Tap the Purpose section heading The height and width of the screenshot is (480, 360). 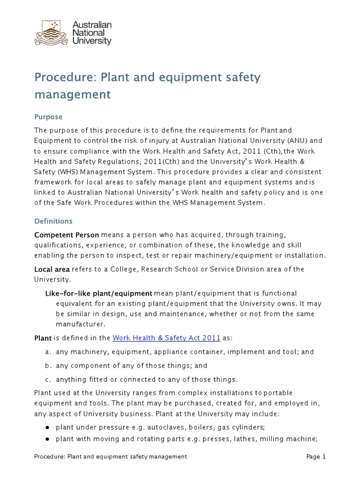click(x=48, y=116)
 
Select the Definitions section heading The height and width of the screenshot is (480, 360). click(x=53, y=221)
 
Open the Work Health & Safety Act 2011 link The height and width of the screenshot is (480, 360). click(x=166, y=338)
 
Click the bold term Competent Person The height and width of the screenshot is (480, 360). click(x=67, y=234)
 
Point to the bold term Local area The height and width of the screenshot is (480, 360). click(x=52, y=269)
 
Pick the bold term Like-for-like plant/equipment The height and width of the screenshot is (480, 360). click(x=98, y=293)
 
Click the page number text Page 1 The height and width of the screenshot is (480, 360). click(x=315, y=457)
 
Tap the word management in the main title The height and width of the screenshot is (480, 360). click(x=72, y=94)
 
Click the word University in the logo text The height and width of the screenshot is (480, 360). click(x=92, y=41)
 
